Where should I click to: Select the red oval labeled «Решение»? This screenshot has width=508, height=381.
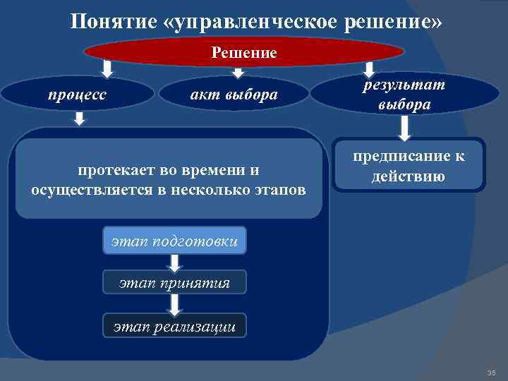coord(244,52)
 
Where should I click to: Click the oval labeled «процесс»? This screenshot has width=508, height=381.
coord(78,95)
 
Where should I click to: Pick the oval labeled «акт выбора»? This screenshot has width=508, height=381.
coord(235,95)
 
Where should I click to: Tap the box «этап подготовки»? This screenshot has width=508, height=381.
coord(175,242)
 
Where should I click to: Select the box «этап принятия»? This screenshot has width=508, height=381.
coord(175,283)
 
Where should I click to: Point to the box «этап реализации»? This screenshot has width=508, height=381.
coord(175,325)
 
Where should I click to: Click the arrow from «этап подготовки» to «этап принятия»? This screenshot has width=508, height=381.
coord(176,262)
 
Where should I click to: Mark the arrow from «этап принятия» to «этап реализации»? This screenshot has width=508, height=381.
coord(176,303)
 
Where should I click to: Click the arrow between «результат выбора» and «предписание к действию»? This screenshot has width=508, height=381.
coord(405,128)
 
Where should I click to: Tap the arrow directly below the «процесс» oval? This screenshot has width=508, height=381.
coord(80,120)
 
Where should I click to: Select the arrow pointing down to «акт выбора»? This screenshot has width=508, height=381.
coord(238,72)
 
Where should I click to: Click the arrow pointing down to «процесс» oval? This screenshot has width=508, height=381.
coord(107,69)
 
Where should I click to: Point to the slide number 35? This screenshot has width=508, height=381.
coord(491,372)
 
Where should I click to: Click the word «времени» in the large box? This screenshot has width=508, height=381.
coord(214,170)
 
